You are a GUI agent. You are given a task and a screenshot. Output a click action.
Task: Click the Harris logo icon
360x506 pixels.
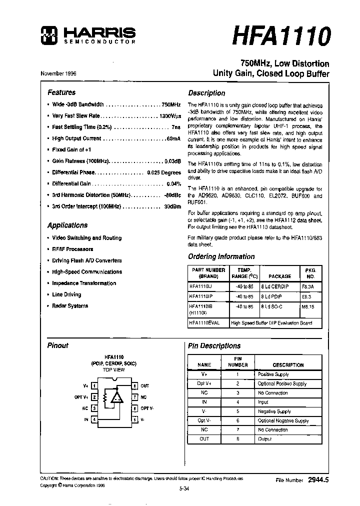[x=48, y=34]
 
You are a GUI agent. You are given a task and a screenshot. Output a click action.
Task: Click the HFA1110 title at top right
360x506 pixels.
[x=281, y=35]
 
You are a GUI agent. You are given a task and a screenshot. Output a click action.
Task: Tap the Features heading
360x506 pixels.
[x=61, y=92]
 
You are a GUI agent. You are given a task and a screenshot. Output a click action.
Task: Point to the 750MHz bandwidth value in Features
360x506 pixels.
[x=170, y=104]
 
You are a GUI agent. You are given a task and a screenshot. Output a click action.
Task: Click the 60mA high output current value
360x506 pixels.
[x=173, y=138]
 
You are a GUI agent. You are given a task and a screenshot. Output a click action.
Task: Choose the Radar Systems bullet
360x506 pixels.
[x=70, y=306]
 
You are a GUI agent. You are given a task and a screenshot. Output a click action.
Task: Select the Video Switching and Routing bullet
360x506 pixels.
[x=86, y=238]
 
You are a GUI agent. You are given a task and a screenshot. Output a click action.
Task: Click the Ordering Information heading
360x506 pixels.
[x=221, y=256]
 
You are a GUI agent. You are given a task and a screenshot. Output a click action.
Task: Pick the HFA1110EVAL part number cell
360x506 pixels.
[x=208, y=323]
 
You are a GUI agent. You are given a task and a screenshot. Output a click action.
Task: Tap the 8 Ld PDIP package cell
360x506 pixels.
[x=271, y=296]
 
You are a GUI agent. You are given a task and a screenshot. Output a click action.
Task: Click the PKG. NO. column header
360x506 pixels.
[x=311, y=273]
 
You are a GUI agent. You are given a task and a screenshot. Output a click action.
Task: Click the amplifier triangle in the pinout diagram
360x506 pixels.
[x=117, y=397]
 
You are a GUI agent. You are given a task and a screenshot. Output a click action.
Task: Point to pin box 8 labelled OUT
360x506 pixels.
[x=134, y=386]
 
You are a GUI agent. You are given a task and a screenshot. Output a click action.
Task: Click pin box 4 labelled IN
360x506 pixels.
[x=94, y=419]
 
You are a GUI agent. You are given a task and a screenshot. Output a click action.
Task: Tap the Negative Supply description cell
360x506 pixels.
[x=274, y=411]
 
